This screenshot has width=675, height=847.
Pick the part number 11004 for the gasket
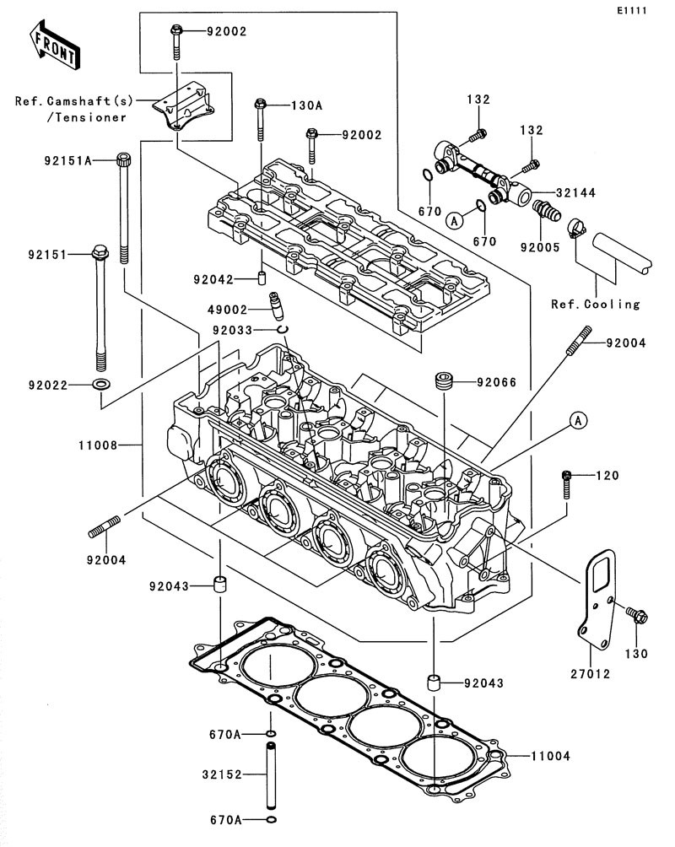(x=551, y=756)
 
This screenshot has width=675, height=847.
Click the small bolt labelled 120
(x=568, y=483)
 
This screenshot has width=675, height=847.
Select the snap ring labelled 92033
(x=284, y=329)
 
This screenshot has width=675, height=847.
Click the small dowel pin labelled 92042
(x=262, y=278)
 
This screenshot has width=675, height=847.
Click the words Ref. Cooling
(x=595, y=304)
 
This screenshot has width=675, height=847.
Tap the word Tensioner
(x=86, y=117)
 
